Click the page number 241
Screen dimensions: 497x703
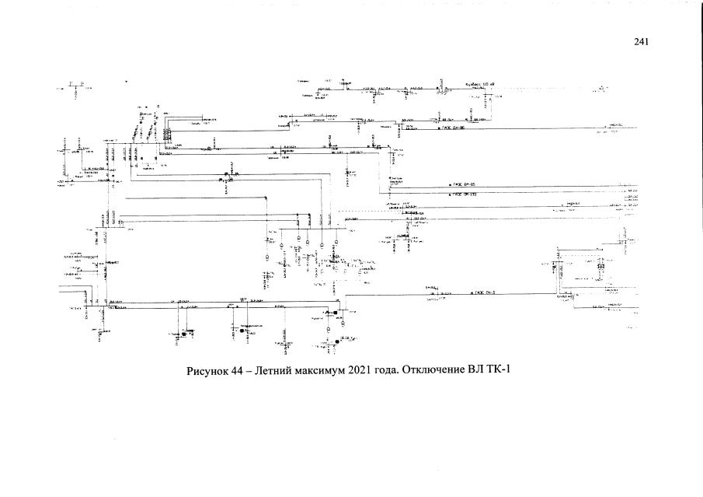pyautogui.click(x=641, y=42)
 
